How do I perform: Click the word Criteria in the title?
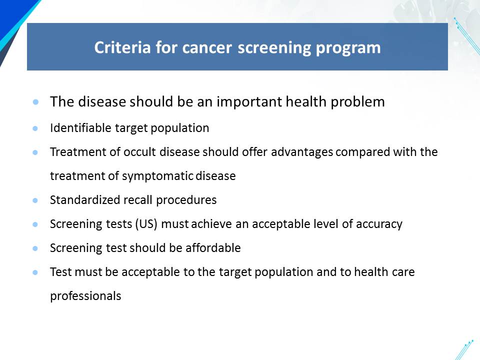[122, 47]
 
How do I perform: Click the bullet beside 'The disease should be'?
[35, 101]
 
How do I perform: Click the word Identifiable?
[80, 128]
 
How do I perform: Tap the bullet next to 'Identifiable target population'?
[35, 128]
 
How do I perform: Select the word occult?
[140, 152]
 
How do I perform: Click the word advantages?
[302, 152]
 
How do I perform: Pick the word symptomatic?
[157, 176]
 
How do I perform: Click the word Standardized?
[85, 200]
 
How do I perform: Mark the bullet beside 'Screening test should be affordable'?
[35, 248]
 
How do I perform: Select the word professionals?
[85, 296]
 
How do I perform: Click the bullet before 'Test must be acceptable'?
[35, 272]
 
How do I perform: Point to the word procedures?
[186, 200]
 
